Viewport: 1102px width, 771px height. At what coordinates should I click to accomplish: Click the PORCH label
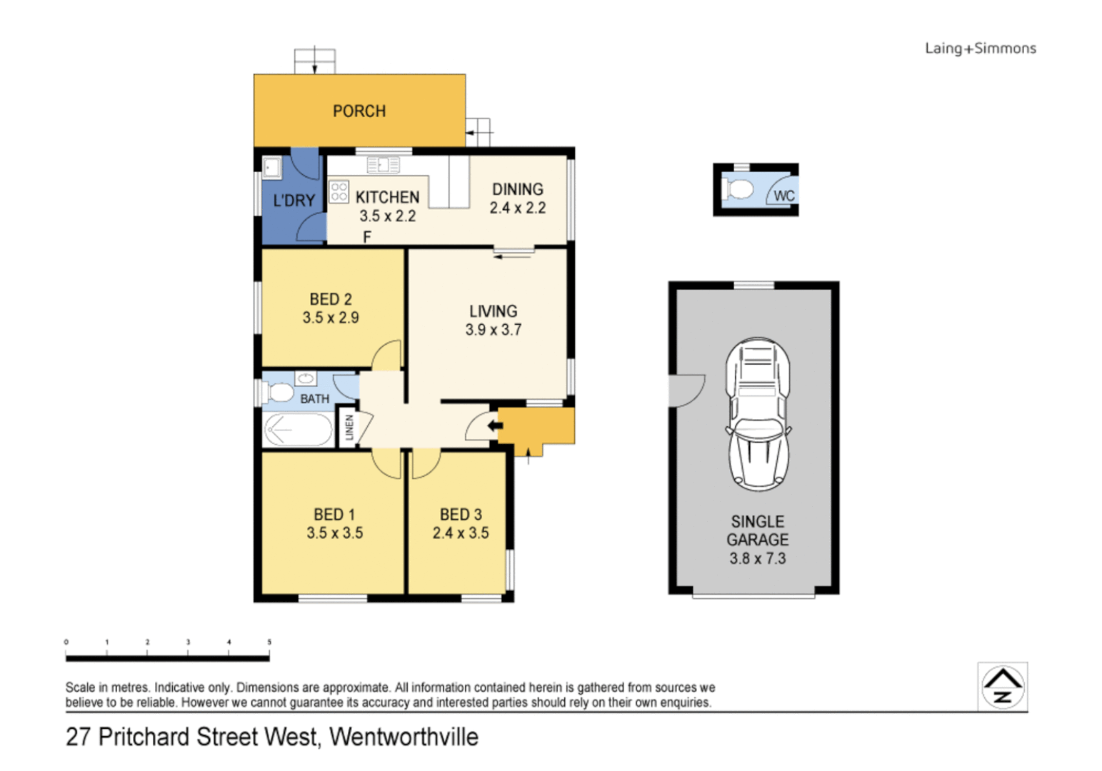pos(359,111)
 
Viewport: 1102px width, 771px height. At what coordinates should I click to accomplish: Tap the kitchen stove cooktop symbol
pos(339,191)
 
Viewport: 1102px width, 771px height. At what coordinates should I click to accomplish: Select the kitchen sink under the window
pos(383,165)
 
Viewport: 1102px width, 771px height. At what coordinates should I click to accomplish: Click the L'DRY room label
pos(294,201)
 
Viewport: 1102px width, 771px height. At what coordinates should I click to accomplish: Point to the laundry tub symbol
pos(272,168)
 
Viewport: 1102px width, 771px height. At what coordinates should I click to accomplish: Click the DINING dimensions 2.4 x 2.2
pos(517,208)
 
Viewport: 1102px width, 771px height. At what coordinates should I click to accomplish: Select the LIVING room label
pos(493,311)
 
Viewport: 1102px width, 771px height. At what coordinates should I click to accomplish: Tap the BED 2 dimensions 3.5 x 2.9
pos(330,318)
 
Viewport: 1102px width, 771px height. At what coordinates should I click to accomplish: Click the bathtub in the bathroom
pos(298,430)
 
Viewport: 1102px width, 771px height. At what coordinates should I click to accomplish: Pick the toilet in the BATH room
pos(279,392)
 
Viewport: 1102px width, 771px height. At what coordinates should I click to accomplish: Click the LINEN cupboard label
pos(349,427)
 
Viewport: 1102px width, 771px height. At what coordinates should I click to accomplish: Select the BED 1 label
pos(334,515)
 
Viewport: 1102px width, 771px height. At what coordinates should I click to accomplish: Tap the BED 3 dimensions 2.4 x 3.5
pos(461,533)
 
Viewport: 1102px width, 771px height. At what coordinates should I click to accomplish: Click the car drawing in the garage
pos(758,413)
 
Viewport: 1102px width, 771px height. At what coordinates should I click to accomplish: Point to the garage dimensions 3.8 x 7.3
pos(757,559)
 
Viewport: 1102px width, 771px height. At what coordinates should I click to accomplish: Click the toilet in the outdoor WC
pos(740,190)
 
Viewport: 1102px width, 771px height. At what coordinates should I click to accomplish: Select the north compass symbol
pos(1002,687)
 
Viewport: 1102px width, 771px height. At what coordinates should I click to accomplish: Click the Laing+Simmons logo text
pos(980,49)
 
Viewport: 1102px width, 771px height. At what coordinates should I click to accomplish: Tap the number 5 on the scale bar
pos(269,642)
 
